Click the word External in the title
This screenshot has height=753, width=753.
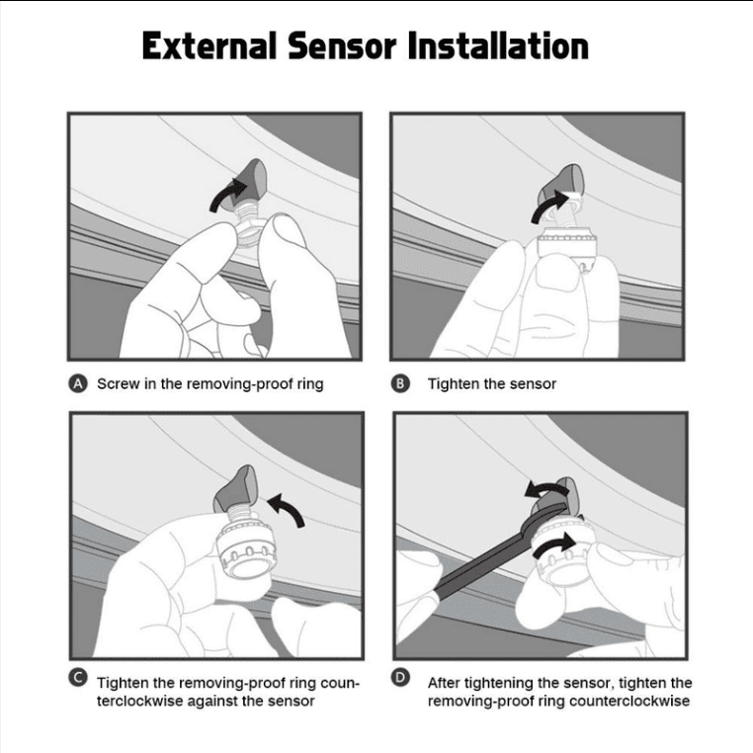coord(209,45)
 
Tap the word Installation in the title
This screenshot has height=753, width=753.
coord(498,45)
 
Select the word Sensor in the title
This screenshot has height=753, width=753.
coord(342,45)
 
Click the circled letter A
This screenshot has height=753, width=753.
coord(78,383)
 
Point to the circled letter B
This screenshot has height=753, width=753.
coord(400,383)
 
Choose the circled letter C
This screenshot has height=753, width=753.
coord(78,678)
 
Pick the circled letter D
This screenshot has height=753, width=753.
coord(400,678)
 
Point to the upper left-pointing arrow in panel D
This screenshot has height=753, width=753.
coord(545,489)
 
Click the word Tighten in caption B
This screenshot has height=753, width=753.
coord(454,384)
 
